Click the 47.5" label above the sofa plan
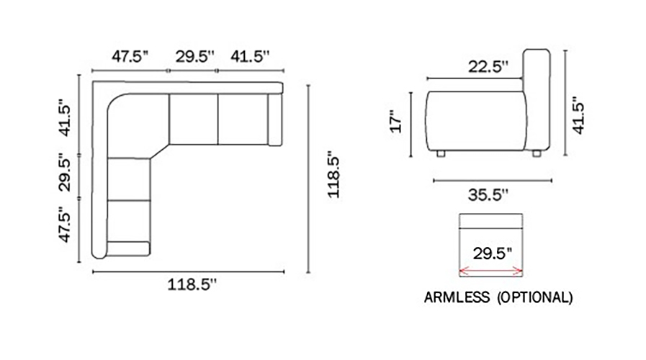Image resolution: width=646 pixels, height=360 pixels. point(130,56)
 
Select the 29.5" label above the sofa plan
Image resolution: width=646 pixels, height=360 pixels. point(195,56)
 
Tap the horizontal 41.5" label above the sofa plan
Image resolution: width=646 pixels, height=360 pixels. point(250,56)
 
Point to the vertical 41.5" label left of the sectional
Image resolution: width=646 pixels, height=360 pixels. point(65,118)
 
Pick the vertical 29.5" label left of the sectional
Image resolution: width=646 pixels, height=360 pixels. point(65,173)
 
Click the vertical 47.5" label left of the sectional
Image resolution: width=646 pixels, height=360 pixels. point(65,225)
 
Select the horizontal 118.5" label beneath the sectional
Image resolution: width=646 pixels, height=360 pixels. point(192,284)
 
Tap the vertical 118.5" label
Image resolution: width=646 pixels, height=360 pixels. point(333,176)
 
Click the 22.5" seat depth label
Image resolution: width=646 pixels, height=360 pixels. point(488,67)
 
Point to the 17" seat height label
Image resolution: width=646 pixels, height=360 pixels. point(396,122)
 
